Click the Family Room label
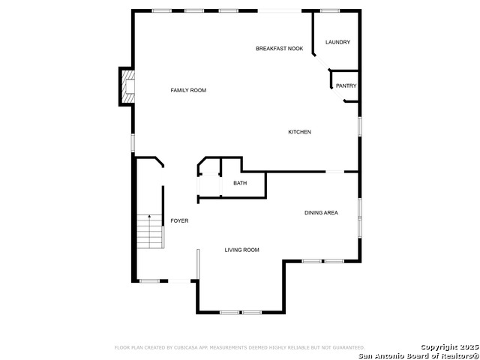point(188,91)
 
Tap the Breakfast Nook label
point(279,49)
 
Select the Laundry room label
point(337,42)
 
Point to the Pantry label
point(346,86)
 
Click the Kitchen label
point(299,133)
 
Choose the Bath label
point(240,183)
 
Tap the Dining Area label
point(321,213)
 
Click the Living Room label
point(241,250)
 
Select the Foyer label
point(179,220)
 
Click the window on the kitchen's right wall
point(359,125)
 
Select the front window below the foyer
point(150,281)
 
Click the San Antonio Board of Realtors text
point(418,355)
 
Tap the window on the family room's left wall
point(133,142)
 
